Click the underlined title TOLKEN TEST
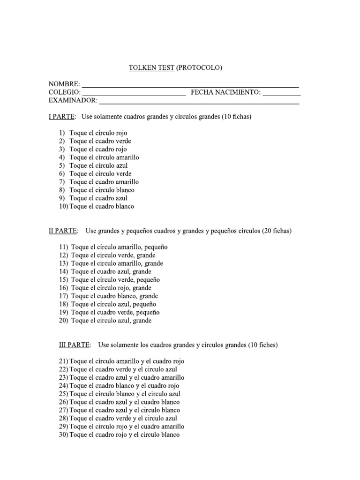[x=152, y=67]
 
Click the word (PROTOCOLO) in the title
[x=199, y=67]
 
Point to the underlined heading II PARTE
[x=63, y=231]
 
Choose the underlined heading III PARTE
[x=74, y=345]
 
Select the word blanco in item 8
[x=124, y=190]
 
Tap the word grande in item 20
[x=142, y=321]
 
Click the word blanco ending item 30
[x=170, y=435]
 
